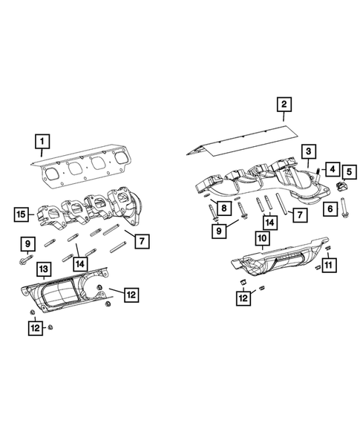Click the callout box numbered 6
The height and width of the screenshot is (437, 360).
pos(327,209)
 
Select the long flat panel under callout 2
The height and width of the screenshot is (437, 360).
pos(238,143)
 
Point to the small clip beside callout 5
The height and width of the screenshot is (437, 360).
pos(342,185)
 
